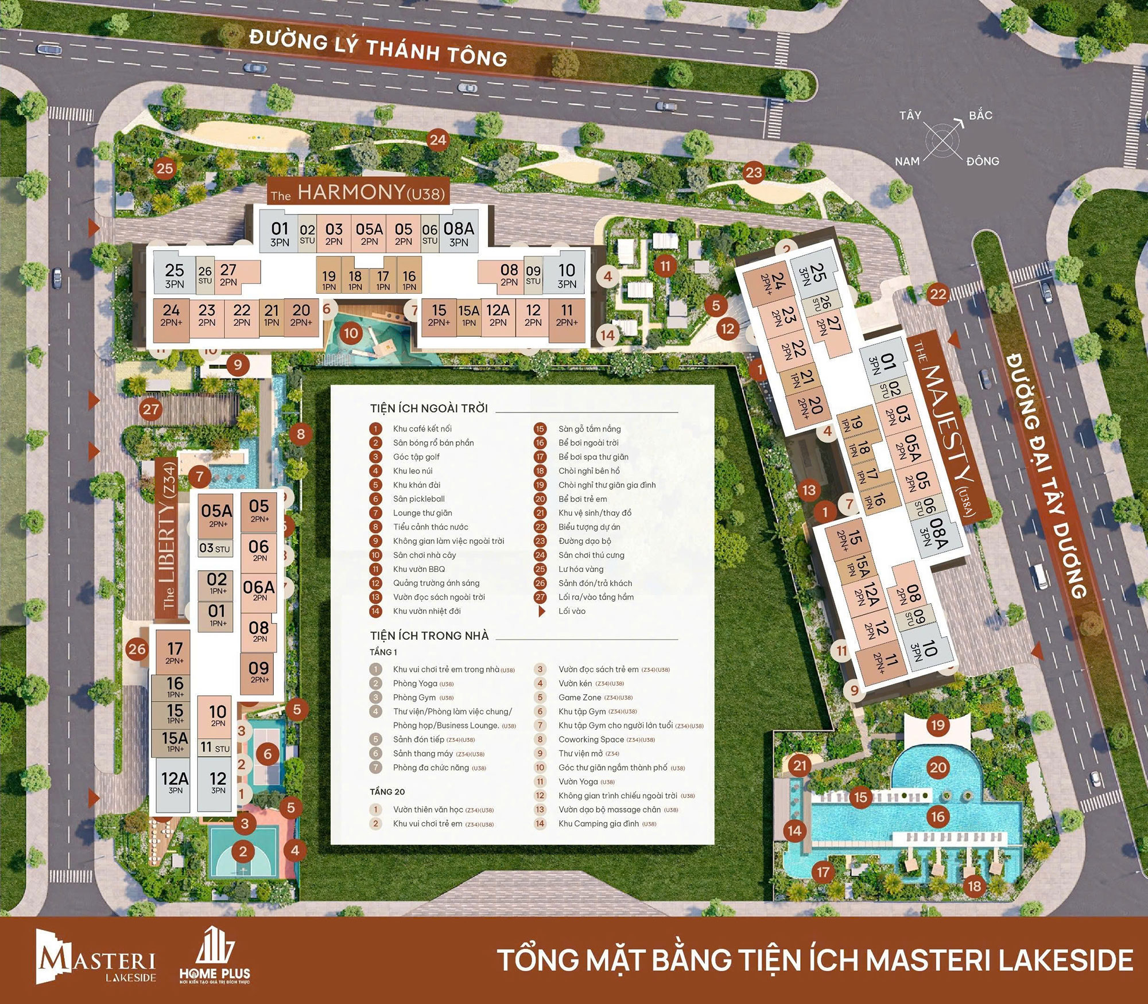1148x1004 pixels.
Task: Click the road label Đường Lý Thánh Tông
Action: (378, 49)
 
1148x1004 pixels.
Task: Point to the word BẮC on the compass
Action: (980, 115)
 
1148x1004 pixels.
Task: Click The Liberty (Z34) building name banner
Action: (168, 539)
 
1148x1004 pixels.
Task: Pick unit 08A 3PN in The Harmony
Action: (459, 234)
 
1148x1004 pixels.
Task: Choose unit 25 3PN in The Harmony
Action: (174, 275)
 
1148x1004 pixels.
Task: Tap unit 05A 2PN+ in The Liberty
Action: (216, 515)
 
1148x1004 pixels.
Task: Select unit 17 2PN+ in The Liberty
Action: (174, 653)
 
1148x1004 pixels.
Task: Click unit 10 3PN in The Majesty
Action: (925, 651)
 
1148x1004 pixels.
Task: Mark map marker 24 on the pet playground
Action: (438, 140)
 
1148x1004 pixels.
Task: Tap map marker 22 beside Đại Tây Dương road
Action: (938, 294)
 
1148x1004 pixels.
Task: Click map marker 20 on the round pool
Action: (938, 768)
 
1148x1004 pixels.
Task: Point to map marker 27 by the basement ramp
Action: (151, 409)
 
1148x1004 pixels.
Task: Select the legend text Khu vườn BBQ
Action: (419, 569)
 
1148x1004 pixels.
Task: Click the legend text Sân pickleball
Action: (418, 499)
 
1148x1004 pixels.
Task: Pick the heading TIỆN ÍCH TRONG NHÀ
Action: (429, 636)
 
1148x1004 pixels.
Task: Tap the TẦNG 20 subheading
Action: (387, 792)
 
